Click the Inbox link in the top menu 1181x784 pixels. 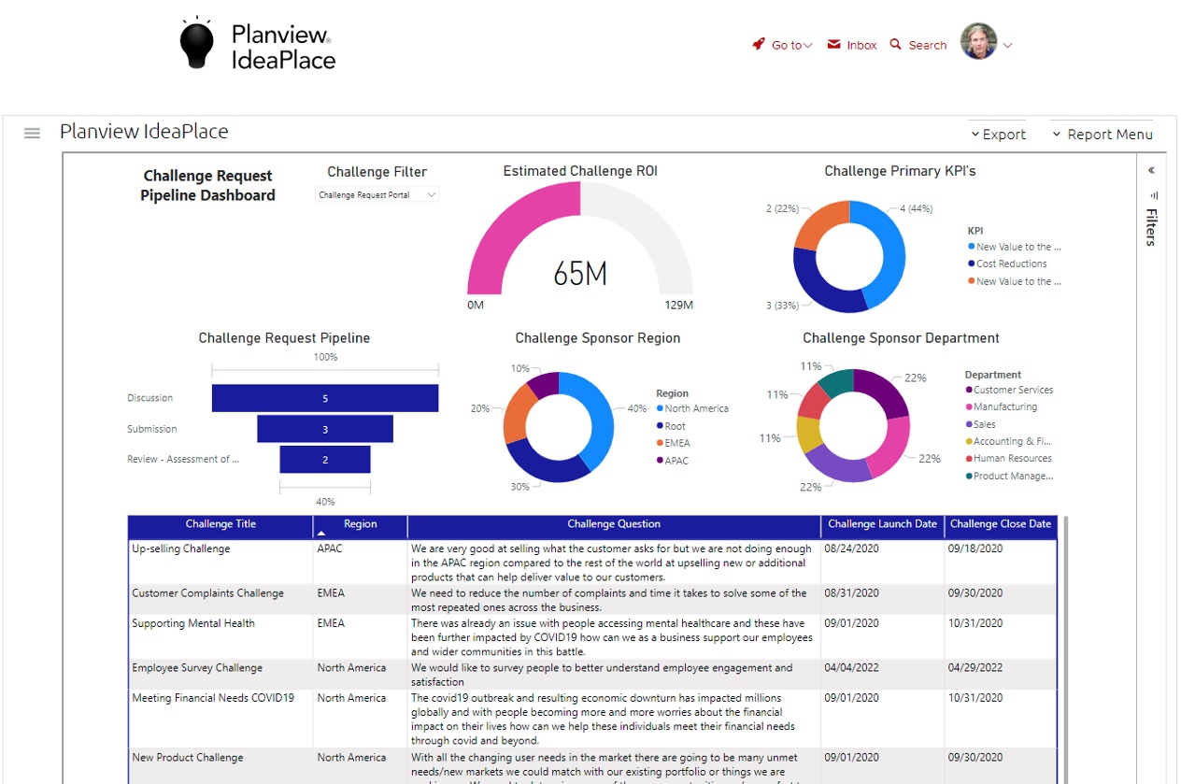(x=852, y=45)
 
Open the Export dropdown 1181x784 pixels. (x=998, y=135)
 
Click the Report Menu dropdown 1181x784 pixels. (x=1103, y=135)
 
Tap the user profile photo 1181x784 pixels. (x=979, y=42)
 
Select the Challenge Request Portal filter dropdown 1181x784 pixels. (x=377, y=195)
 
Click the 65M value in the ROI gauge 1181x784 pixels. (x=580, y=274)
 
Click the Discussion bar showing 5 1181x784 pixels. (x=325, y=398)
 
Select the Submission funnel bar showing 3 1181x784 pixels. (x=325, y=429)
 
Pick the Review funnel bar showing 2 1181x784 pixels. (x=325, y=460)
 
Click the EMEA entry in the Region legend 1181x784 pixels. (x=677, y=443)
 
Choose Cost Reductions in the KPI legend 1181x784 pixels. (x=1011, y=264)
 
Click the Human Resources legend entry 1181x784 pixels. (x=1012, y=459)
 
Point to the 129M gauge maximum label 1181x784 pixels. (x=679, y=306)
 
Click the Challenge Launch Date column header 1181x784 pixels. (x=882, y=524)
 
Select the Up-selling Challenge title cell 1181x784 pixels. (x=181, y=549)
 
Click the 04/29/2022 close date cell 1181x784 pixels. (x=975, y=668)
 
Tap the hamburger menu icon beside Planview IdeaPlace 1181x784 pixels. (x=32, y=133)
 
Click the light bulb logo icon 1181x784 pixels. (x=196, y=43)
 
